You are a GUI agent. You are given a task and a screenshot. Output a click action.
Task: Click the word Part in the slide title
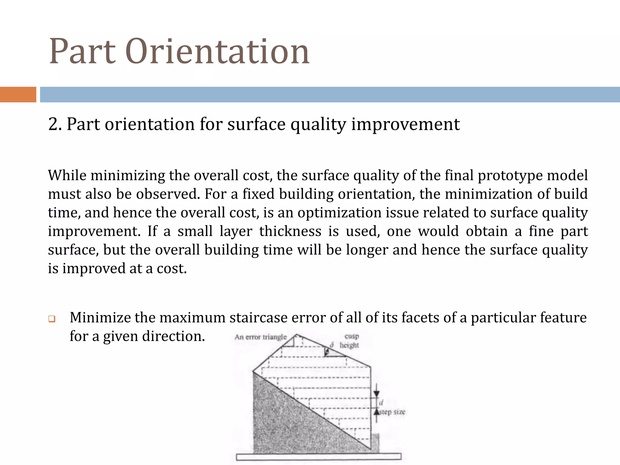82,51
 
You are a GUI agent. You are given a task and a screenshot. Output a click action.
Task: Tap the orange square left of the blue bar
18,94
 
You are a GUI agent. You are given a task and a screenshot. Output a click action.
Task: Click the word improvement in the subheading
405,124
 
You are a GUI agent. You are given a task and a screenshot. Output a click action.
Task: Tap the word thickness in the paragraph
290,231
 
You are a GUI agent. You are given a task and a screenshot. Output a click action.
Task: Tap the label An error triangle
260,337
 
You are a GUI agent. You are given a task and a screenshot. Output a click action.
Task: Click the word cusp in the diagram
351,336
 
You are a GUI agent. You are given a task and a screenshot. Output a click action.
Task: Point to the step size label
392,412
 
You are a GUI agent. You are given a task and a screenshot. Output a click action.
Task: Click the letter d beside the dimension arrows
381,403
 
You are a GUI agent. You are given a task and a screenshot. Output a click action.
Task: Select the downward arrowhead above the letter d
376,393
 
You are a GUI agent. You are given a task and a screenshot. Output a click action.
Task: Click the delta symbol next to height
332,345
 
